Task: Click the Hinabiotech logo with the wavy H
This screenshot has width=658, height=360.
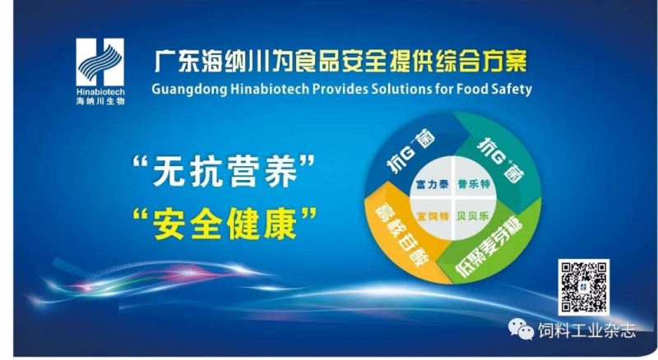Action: (x=100, y=62)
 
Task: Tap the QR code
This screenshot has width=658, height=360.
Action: (x=583, y=287)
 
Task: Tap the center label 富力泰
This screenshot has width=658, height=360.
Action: (x=433, y=185)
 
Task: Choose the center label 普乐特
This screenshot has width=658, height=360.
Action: (x=475, y=184)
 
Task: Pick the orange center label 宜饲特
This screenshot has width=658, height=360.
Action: (x=433, y=216)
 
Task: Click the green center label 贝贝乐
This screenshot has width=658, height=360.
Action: (x=473, y=216)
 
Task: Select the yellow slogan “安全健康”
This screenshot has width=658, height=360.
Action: (x=225, y=224)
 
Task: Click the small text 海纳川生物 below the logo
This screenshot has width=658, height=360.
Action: (x=100, y=101)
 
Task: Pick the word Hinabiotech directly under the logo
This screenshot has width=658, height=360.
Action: (x=100, y=92)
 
